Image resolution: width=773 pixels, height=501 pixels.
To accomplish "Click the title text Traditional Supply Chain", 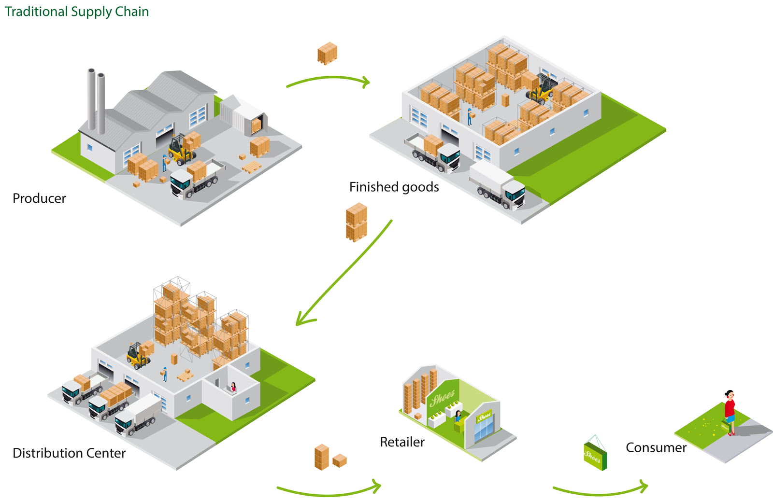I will coord(77,12).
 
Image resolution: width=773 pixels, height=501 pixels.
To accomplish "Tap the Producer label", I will coord(39,198).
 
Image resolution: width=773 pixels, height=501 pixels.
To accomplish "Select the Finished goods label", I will coord(394,187).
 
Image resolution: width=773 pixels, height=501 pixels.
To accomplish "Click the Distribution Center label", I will coord(69,453).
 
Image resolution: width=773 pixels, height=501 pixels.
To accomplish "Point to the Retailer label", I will coord(402,442).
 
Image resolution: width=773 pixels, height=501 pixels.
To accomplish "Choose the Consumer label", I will coord(656,448).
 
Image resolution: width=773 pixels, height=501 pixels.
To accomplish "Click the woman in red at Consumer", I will coord(730,413).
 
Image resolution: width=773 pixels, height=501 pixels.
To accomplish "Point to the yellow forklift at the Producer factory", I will coord(181,150).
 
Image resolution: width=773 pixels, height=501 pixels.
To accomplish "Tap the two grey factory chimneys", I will coord(96,101).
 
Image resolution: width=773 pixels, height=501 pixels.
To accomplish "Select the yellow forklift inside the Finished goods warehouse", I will coord(543,89).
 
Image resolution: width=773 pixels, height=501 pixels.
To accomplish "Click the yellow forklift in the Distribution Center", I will coord(137,356).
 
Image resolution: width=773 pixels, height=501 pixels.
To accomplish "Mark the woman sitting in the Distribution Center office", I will coord(233,388).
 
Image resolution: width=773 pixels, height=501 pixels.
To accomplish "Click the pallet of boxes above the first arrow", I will coord(327,53).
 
